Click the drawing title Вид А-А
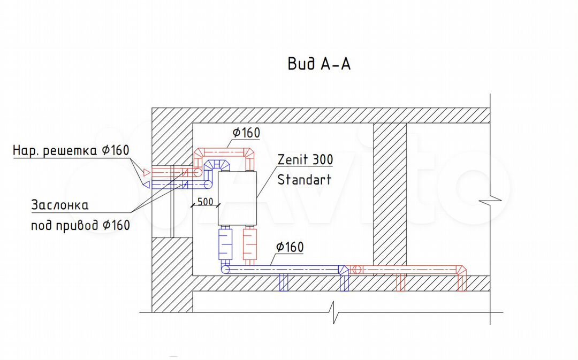pos(319,64)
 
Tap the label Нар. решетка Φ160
pos(71,150)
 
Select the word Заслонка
pos(60,205)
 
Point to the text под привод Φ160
pos(80,225)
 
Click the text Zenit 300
pos(305,159)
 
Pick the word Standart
pos(304,179)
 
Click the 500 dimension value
pos(206,202)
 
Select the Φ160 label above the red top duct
pos(246,133)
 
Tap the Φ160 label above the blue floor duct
pos(290,247)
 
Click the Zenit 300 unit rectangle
pos(237,198)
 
